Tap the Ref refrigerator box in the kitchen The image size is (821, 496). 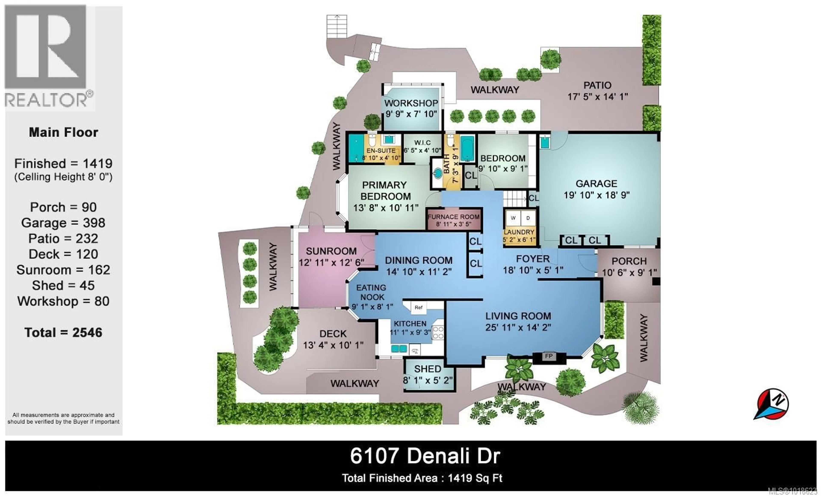point(418,307)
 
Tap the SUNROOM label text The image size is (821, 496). point(331,251)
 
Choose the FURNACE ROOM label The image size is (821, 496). point(453,217)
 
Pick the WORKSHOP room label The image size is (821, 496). point(411,103)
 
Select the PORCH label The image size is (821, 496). point(629,261)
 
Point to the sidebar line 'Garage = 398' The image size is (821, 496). point(63,223)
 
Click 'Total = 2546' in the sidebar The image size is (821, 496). point(63,332)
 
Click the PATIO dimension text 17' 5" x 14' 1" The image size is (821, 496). point(597,97)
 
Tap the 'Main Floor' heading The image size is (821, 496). point(63,133)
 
